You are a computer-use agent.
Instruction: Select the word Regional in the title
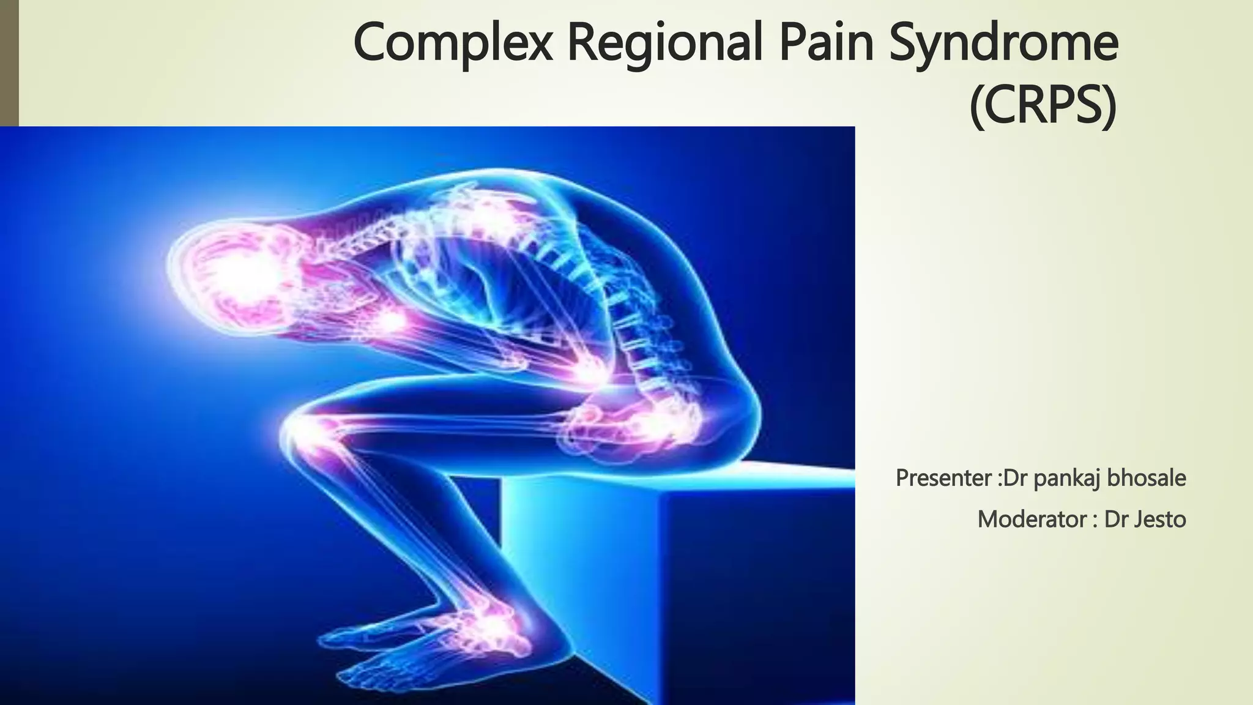pos(664,43)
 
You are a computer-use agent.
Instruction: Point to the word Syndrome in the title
pos(1003,43)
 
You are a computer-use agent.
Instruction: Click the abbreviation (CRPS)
pos(1043,107)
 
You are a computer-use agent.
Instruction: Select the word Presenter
pos(943,478)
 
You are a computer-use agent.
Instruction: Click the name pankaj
pos(1067,478)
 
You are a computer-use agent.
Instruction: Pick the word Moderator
pos(1032,520)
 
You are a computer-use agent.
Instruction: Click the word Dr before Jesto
pos(1116,520)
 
